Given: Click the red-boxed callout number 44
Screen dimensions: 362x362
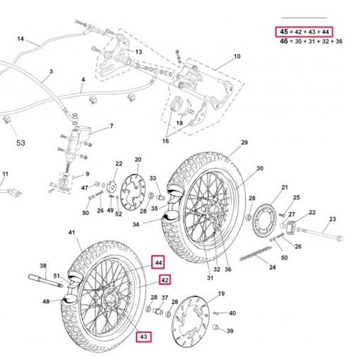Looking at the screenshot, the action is (158, 262).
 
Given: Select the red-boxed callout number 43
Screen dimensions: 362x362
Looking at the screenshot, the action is (144, 337).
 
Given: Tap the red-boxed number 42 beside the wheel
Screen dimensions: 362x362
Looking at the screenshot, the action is (165, 280).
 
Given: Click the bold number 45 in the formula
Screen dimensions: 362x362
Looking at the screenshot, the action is (284, 31).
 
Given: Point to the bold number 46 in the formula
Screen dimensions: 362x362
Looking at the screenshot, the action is (284, 41).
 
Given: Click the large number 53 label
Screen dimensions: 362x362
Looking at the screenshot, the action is (21, 143).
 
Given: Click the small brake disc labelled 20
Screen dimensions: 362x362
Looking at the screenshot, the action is (133, 193).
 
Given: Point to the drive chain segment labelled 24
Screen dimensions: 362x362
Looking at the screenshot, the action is (255, 253).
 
